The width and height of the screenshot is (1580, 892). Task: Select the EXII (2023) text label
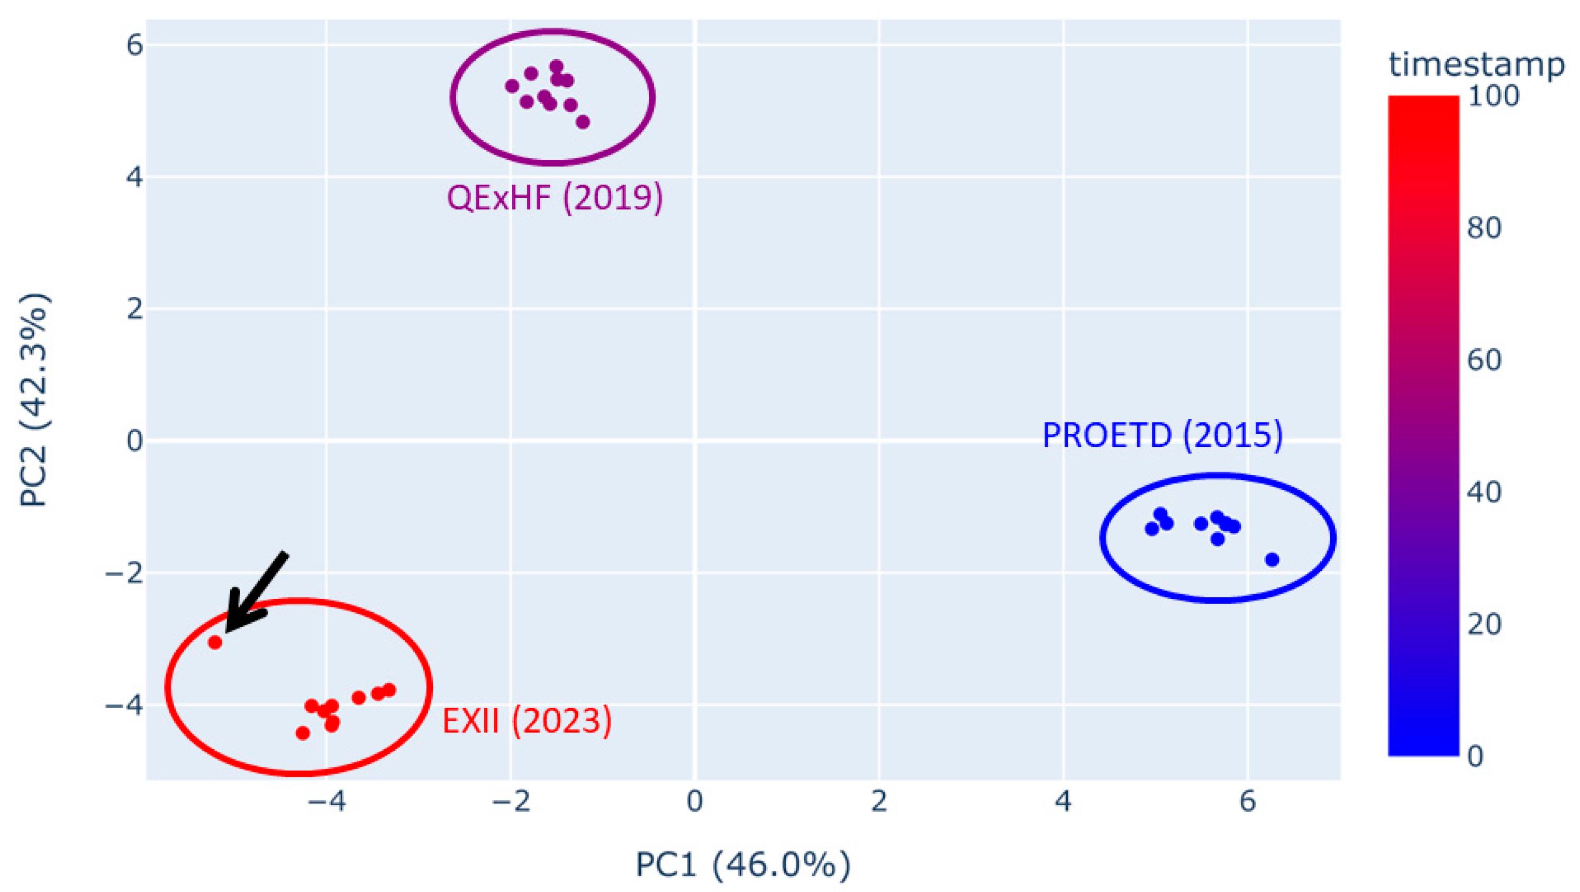(527, 721)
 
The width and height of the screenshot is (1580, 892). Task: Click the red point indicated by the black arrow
(215, 642)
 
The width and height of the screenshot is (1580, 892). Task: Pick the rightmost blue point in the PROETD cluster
(1272, 560)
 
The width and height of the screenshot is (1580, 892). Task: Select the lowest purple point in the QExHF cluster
(583, 122)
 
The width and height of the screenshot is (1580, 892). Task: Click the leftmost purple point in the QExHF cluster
(512, 86)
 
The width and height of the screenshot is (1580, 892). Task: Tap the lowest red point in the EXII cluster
(302, 733)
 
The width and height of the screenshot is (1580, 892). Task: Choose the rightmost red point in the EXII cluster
(389, 690)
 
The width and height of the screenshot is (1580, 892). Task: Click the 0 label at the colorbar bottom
(1475, 757)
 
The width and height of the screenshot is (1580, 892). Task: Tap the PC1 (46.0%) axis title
(743, 865)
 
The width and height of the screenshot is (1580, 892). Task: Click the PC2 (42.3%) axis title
(34, 400)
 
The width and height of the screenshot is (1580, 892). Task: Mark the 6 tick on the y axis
(134, 45)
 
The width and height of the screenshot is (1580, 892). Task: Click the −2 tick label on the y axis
(124, 573)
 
